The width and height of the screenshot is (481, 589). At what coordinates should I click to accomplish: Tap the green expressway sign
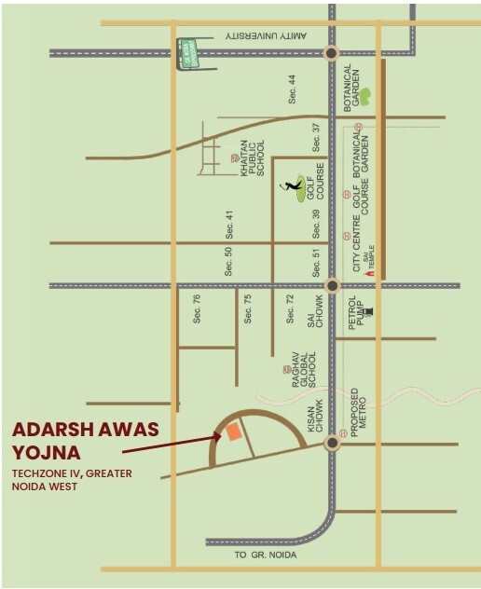[x=186, y=51]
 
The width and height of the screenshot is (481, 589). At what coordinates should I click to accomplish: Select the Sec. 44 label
[x=292, y=89]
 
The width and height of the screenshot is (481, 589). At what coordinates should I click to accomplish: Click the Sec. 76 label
[x=197, y=308]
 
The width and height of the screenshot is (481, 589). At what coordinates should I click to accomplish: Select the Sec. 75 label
[x=248, y=308]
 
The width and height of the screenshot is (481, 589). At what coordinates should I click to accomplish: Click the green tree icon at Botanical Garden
[x=365, y=95]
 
